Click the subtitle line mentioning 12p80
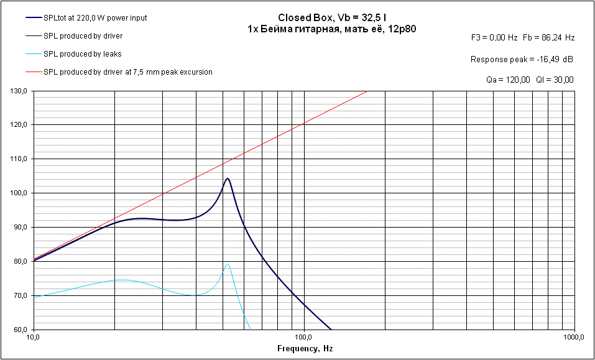[x=331, y=29]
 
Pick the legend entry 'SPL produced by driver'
[x=83, y=35]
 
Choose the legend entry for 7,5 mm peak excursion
[x=127, y=72]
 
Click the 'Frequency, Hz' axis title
[x=305, y=349]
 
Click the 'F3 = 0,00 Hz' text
[x=494, y=38]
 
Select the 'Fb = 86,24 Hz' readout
[x=549, y=38]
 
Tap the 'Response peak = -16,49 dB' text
[x=522, y=59]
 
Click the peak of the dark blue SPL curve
[x=228, y=178]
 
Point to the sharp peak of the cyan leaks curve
[x=228, y=264]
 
